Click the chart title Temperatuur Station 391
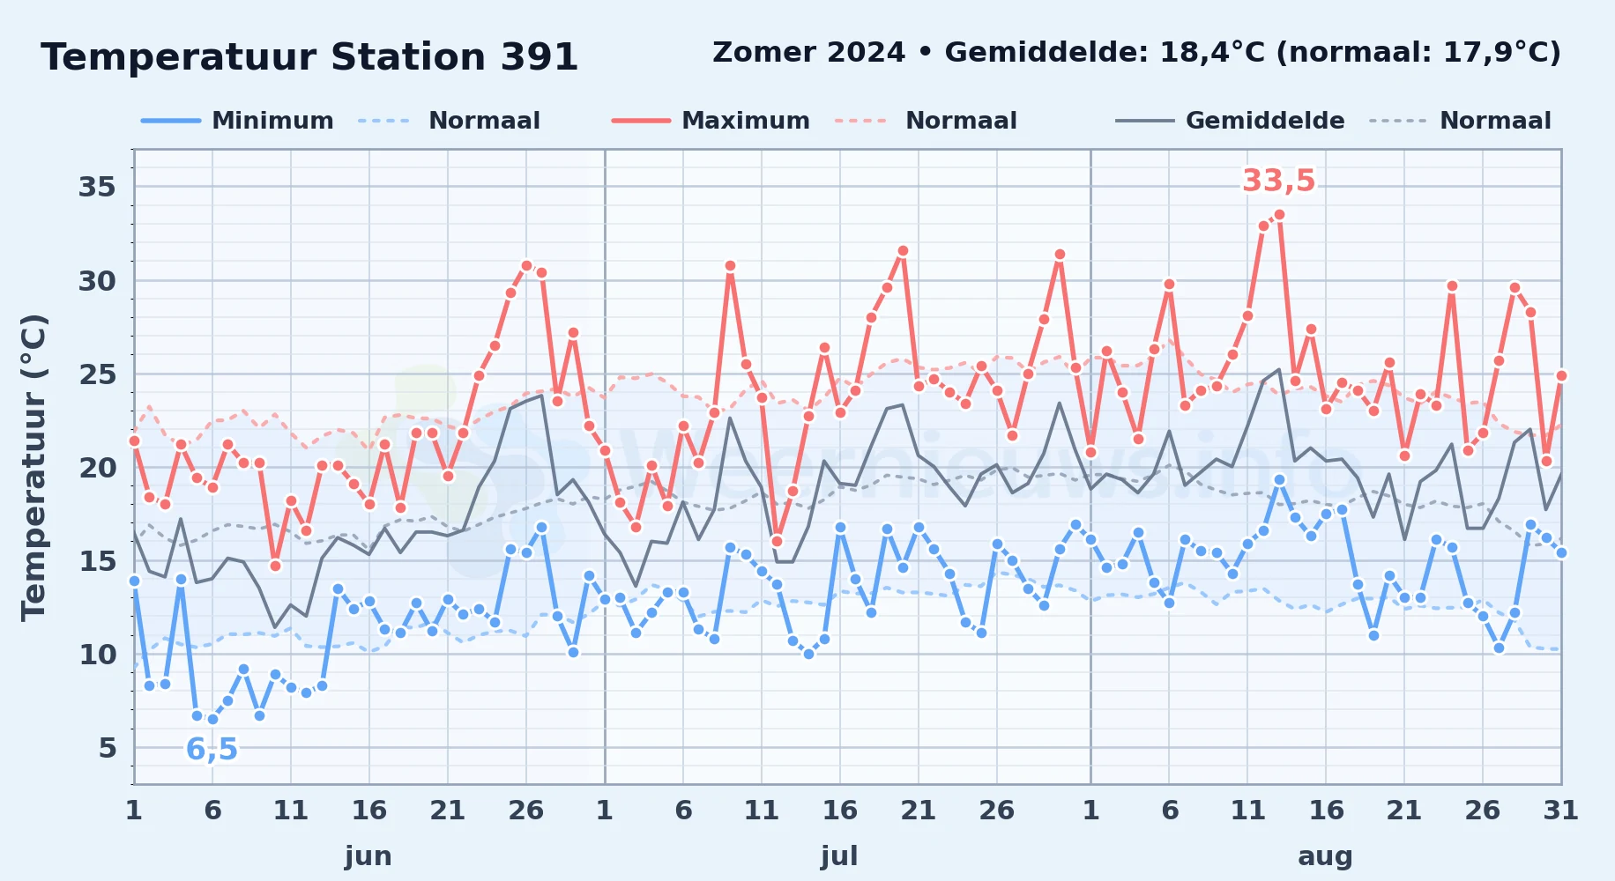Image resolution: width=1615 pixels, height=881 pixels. point(309,57)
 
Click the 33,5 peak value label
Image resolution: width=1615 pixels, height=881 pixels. point(1278,181)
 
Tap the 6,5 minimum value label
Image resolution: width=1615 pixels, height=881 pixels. point(212,749)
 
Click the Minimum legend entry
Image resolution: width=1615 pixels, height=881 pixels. point(237,121)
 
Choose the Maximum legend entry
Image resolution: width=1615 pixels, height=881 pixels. point(711,121)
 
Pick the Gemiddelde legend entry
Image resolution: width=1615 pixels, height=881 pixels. point(1230,121)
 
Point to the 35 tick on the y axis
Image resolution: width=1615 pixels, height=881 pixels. point(97,187)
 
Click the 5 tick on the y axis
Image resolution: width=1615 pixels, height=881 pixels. point(108,748)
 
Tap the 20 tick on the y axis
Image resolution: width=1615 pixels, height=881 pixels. point(97,468)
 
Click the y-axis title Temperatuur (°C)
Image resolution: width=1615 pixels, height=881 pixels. point(33,467)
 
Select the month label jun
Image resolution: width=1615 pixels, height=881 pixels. point(368,855)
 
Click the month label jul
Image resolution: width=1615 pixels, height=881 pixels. point(839,855)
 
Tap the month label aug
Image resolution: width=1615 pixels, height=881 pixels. point(1325,855)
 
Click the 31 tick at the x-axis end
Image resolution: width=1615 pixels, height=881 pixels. point(1560,810)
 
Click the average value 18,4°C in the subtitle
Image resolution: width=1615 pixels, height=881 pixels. point(1214,53)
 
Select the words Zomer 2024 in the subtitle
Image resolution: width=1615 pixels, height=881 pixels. point(808,53)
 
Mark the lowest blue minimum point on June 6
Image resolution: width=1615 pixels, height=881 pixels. point(212,719)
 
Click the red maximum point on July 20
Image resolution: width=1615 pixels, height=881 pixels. point(903,251)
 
